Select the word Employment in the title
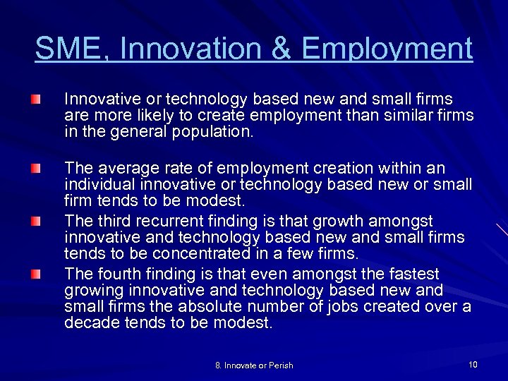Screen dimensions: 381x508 coord(387,49)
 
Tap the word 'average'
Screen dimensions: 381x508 coord(124,168)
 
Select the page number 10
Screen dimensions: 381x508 coord(472,364)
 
